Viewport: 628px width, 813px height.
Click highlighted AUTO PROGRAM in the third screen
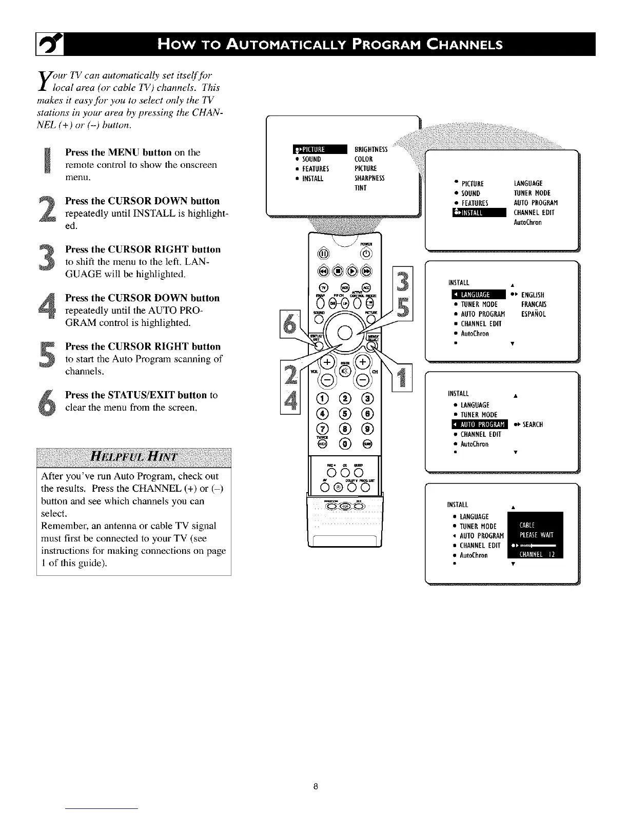[x=479, y=424]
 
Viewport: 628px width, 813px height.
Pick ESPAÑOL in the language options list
[x=534, y=314]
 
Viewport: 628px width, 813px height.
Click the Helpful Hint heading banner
[x=133, y=456]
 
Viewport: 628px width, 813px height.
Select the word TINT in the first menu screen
[x=361, y=188]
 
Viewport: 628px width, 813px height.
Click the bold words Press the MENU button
[x=118, y=152]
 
